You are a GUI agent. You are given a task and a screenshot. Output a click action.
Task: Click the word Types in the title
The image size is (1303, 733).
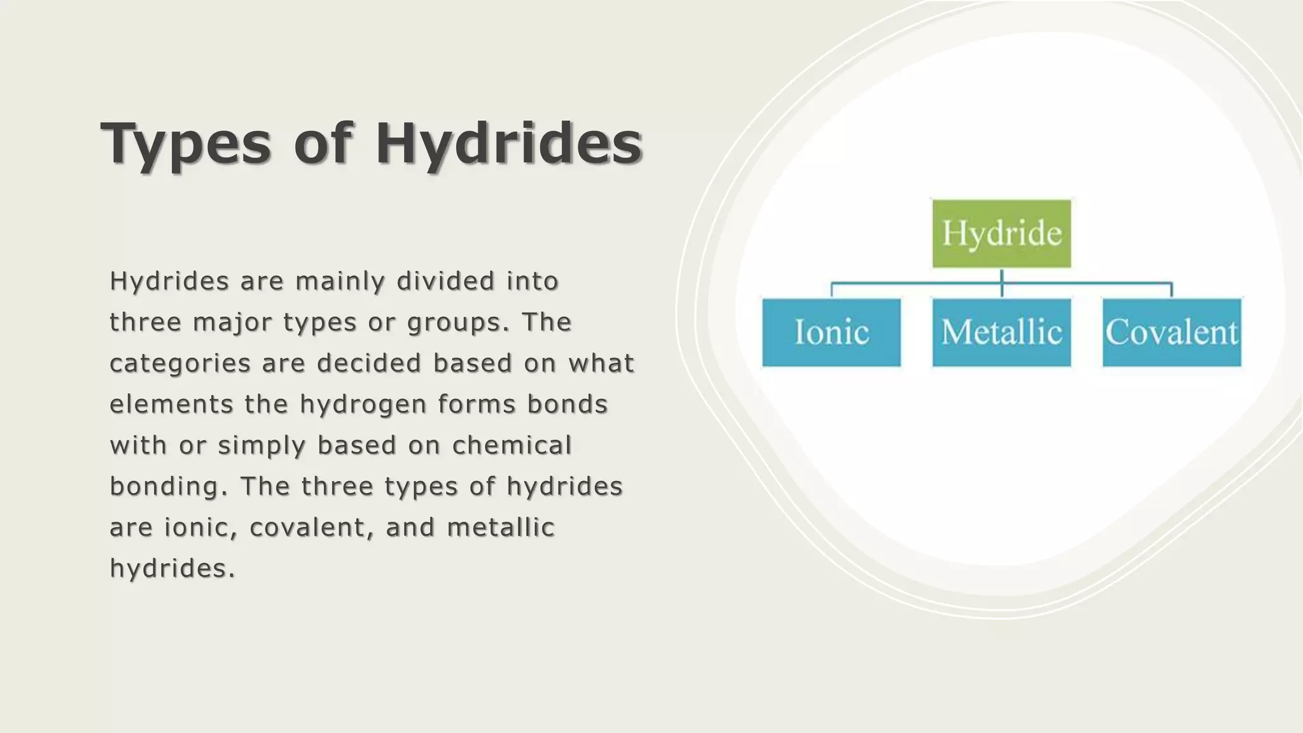click(x=185, y=144)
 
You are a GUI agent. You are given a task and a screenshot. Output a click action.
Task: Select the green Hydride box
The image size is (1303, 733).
click(x=1001, y=234)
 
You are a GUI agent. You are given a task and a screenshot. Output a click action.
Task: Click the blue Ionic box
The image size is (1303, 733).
click(x=832, y=332)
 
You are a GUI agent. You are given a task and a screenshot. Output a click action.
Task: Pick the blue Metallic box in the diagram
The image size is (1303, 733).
click(x=1001, y=332)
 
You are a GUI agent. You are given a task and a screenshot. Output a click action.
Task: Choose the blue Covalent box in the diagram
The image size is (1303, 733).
click(x=1171, y=332)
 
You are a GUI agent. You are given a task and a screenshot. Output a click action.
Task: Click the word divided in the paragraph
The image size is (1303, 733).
click(x=445, y=281)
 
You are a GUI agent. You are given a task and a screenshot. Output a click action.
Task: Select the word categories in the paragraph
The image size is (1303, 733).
click(x=180, y=364)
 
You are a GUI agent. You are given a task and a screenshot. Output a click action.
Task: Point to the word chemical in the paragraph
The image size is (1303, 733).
click(x=512, y=445)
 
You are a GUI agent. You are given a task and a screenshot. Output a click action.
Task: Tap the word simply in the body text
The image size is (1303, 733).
click(x=261, y=446)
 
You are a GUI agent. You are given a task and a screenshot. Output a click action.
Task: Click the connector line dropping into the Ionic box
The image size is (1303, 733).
click(x=832, y=290)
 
